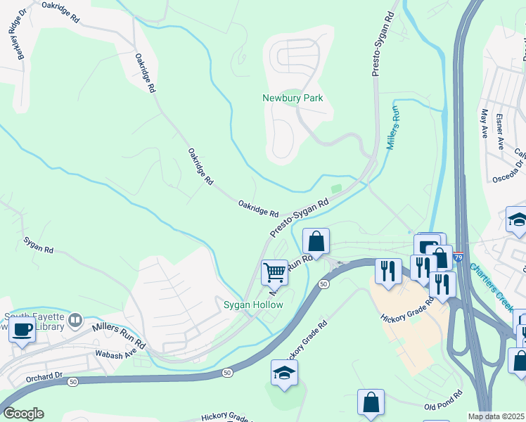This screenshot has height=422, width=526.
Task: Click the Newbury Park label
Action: [x=293, y=98]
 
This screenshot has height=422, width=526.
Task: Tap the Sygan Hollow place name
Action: [x=253, y=305]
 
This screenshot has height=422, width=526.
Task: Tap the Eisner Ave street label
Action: [x=501, y=131]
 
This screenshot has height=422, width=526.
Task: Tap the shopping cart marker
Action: [x=274, y=272]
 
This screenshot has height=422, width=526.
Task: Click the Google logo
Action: [x=23, y=414]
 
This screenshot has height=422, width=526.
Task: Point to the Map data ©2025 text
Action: [x=496, y=416]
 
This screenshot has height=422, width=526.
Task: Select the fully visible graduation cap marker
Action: [x=284, y=373]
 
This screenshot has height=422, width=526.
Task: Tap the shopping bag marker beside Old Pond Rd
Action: [x=371, y=404]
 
